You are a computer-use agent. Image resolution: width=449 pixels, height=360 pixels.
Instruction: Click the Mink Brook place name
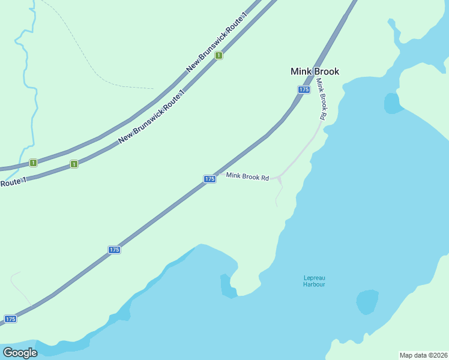click(315, 71)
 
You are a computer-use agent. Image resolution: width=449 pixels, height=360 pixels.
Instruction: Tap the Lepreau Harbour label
click(313, 281)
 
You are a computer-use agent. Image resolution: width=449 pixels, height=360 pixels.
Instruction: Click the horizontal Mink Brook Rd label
click(247, 176)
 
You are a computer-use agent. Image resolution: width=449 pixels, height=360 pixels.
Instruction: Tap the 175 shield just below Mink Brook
click(303, 89)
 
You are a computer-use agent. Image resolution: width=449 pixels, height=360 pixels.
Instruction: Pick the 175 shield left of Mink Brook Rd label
click(209, 179)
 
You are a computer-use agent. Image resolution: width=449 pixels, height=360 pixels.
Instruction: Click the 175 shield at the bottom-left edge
click(10, 319)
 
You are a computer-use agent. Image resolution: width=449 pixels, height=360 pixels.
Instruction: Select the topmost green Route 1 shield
click(219, 55)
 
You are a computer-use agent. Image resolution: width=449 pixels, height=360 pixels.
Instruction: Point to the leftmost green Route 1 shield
click(33, 163)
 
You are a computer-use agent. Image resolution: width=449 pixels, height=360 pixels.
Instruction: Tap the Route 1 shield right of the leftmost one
click(74, 164)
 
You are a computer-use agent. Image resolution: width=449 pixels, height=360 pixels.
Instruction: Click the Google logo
click(20, 353)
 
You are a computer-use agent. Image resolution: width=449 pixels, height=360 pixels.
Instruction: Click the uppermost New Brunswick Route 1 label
click(217, 42)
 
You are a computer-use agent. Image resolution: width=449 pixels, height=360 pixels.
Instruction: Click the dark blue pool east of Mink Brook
click(393, 103)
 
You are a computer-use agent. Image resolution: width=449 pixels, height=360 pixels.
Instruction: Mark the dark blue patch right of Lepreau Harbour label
click(367, 302)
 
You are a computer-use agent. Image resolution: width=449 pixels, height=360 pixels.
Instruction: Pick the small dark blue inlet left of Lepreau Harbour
click(226, 287)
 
